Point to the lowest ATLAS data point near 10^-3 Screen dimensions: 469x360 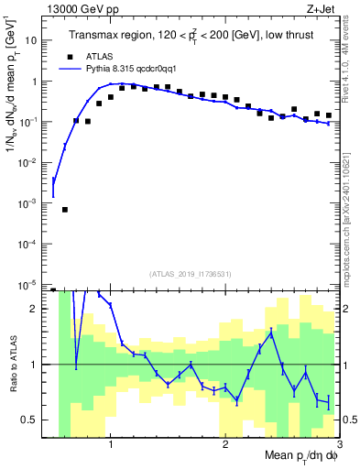point(65,210)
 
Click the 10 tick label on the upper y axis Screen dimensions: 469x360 point(33,40)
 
